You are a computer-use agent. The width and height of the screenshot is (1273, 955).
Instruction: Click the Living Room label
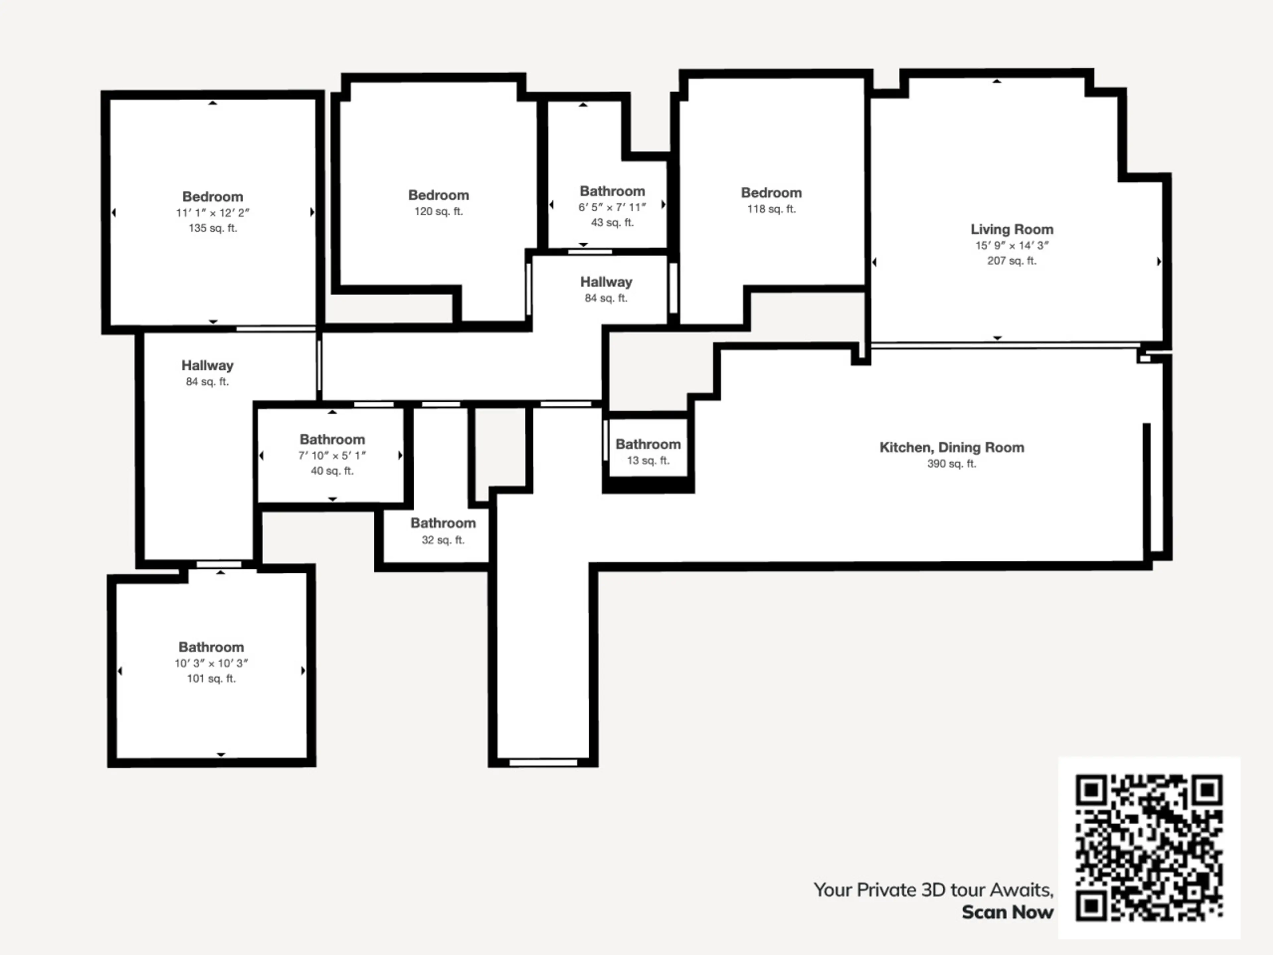pos(1012,229)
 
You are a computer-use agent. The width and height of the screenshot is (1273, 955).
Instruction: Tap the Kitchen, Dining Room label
pos(952,447)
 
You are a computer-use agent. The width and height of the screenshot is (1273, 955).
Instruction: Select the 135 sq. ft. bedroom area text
pos(213,228)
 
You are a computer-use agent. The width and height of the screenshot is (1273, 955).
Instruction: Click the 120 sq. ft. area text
pos(439,211)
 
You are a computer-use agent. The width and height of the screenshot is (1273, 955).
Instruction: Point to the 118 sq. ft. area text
pos(771,209)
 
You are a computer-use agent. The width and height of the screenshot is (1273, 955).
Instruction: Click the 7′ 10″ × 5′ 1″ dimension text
pos(332,455)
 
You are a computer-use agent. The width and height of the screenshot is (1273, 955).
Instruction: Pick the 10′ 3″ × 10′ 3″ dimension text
pos(211,663)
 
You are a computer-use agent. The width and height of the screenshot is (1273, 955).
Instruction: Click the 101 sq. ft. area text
pos(211,679)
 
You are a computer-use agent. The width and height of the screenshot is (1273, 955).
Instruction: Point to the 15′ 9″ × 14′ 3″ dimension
pos(1012,245)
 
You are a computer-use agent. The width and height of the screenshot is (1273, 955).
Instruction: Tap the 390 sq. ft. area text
pos(952,463)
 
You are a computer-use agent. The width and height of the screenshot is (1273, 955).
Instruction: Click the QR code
pos(1149,848)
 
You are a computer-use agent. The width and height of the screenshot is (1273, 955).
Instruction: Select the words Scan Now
pos(1008,913)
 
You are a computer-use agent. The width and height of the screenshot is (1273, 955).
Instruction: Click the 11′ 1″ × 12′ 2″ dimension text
pos(213,213)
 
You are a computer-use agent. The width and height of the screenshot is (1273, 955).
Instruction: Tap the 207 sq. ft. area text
pos(1012,261)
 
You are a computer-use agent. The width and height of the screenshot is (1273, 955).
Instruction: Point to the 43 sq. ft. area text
pos(612,222)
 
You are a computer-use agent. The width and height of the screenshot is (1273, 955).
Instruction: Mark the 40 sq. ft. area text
pos(332,471)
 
